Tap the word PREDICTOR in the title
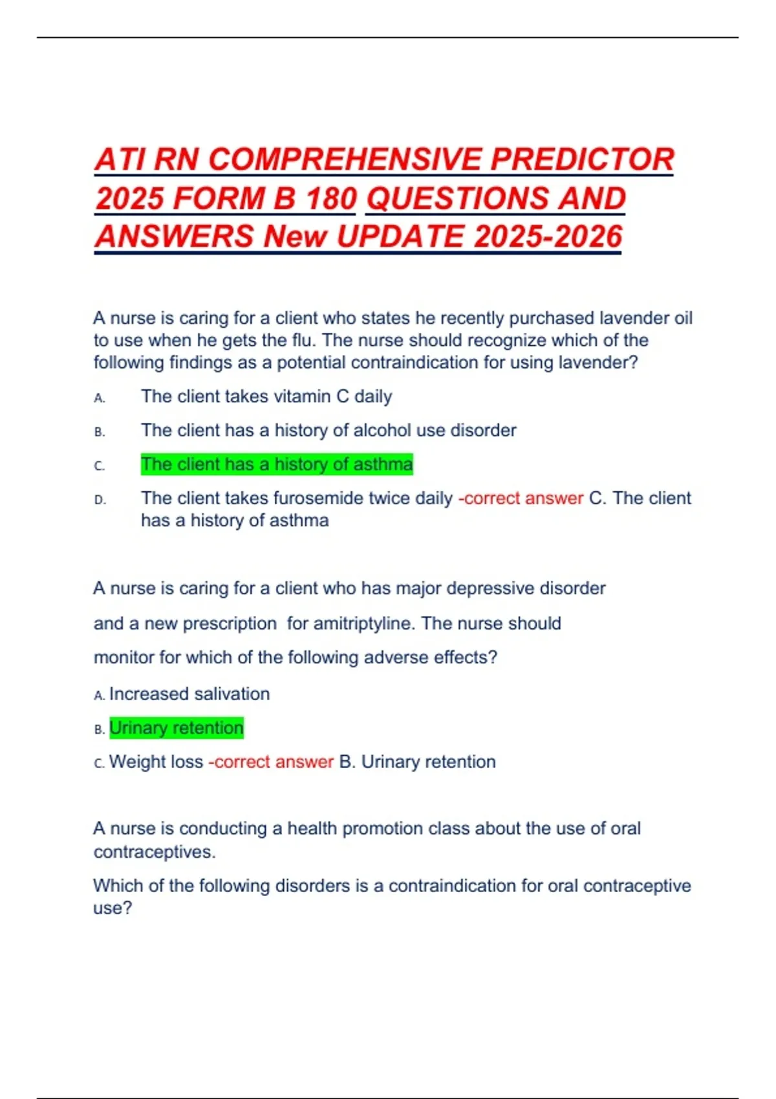tap(582, 160)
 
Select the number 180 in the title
tap(331, 198)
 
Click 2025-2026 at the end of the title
tap(548, 236)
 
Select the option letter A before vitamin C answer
tap(99, 398)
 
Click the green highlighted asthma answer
tap(277, 464)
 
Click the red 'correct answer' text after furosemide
tap(521, 498)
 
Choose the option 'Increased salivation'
tap(189, 694)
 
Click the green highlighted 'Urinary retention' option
tap(176, 728)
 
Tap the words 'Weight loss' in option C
tap(156, 762)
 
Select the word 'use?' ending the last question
tap(113, 908)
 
